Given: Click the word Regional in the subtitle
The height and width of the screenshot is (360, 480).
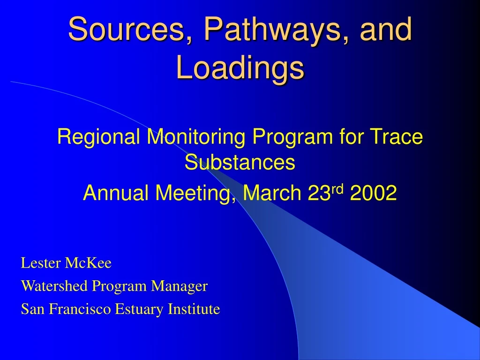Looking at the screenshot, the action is (98, 137).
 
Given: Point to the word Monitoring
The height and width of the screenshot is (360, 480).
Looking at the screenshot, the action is (196, 137).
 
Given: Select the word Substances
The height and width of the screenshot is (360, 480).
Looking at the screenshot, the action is (240, 162).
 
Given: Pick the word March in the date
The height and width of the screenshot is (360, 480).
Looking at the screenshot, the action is (272, 193).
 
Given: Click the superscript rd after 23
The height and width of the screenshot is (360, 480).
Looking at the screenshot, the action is (337, 189).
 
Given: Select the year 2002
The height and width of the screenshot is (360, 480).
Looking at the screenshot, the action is (373, 193).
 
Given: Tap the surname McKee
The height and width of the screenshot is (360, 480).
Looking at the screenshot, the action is (88, 263).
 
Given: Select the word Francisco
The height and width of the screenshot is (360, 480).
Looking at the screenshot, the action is (80, 309).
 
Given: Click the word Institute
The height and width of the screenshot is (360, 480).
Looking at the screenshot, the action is (194, 309).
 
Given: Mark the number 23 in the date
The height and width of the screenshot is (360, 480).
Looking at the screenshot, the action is (320, 193).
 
